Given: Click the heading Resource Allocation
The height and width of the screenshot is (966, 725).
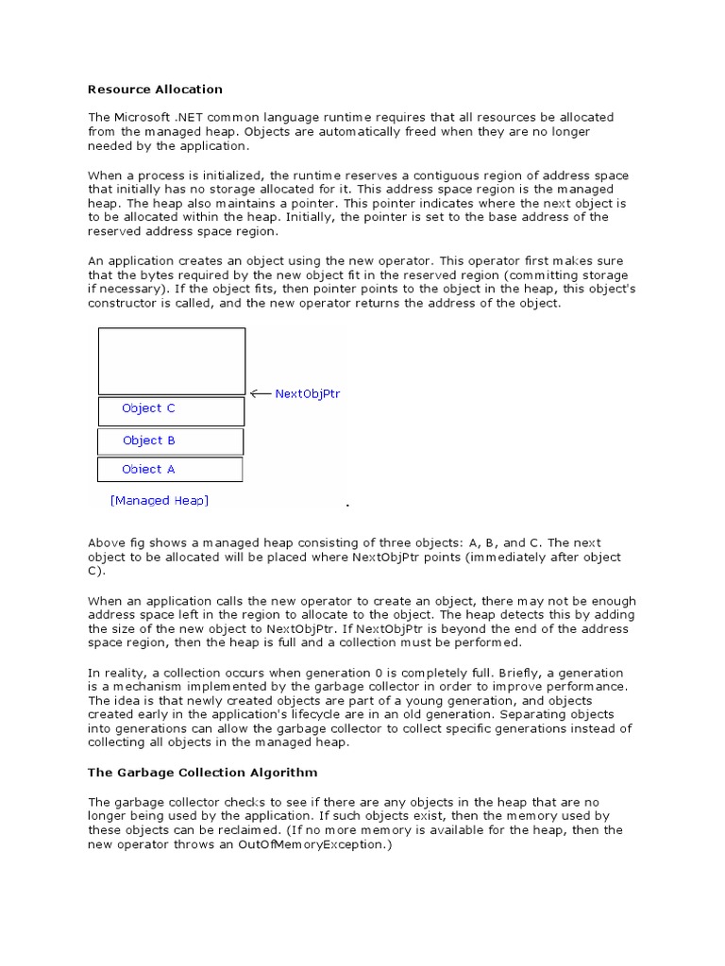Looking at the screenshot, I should [x=155, y=90].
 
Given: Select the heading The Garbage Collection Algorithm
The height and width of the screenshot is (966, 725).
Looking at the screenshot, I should [x=202, y=773].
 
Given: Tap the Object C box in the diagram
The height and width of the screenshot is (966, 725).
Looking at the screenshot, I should [x=171, y=410].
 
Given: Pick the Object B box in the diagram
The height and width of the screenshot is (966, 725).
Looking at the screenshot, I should [x=171, y=441].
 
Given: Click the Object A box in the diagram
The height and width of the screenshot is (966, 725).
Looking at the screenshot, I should [x=170, y=470].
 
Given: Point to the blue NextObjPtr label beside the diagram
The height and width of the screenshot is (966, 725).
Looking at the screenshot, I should [x=307, y=394].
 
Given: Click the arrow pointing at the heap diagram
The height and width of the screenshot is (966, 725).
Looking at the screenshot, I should [x=260, y=394].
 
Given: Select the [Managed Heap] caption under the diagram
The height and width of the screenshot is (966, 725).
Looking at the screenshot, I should [x=159, y=501].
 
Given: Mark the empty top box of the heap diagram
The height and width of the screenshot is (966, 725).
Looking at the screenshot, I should [x=171, y=360].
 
